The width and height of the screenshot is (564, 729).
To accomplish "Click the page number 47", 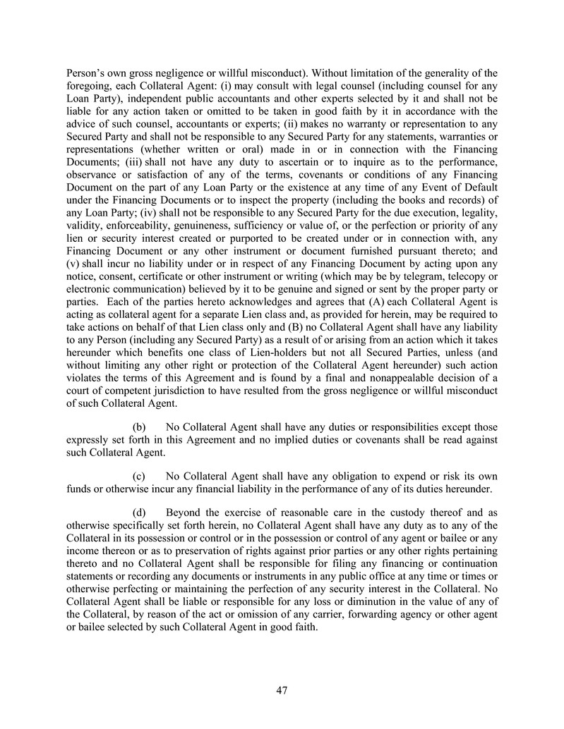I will click(282, 690).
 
